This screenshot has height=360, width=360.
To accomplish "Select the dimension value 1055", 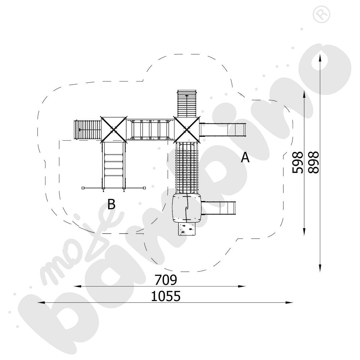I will pyautogui.click(x=166, y=296).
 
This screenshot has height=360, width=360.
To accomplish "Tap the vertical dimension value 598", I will pyautogui.click(x=298, y=163).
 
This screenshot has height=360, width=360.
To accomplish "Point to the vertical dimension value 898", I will pyautogui.click(x=313, y=163).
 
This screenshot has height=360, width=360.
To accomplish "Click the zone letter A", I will pyautogui.click(x=245, y=157).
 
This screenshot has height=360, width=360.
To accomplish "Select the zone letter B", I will pyautogui.click(x=112, y=204).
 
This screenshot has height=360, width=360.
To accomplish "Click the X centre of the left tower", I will pyautogui.click(x=114, y=129).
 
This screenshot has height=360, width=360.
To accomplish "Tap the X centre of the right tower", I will pyautogui.click(x=187, y=129).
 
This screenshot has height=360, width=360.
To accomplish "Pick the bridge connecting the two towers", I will pyautogui.click(x=150, y=129).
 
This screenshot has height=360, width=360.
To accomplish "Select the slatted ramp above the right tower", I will pyautogui.click(x=187, y=103).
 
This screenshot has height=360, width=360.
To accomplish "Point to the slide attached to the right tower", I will pyautogui.click(x=223, y=129).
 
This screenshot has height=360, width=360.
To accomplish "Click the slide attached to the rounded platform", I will pyautogui.click(x=219, y=208).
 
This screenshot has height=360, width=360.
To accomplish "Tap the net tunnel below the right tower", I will pyautogui.click(x=186, y=167).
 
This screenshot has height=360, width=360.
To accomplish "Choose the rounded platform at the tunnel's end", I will pyautogui.click(x=186, y=208).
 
